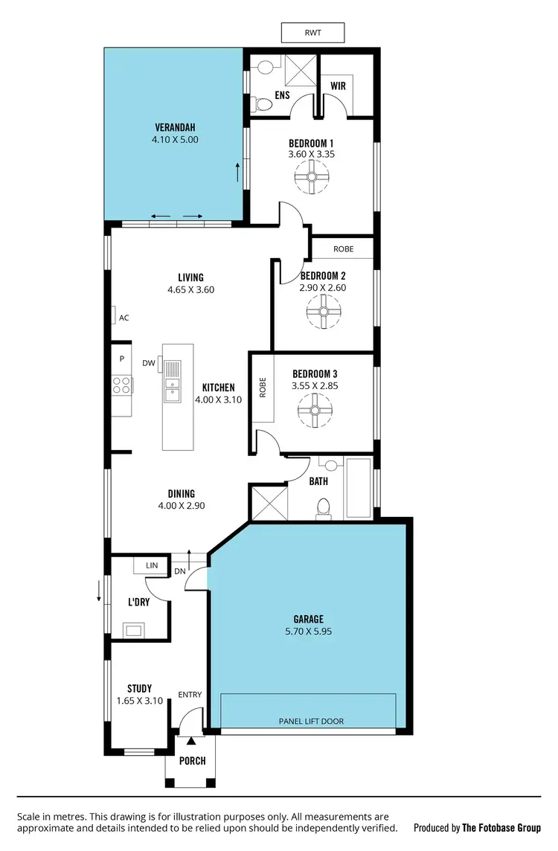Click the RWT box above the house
pyautogui.click(x=312, y=33)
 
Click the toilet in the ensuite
pyautogui.click(x=260, y=105)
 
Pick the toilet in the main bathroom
pyautogui.click(x=323, y=508)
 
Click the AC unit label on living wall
pyautogui.click(x=124, y=318)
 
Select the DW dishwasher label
pyautogui.click(x=148, y=363)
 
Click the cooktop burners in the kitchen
pyautogui.click(x=121, y=385)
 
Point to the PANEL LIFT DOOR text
pyautogui.click(x=310, y=721)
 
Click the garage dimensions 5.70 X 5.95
pyautogui.click(x=308, y=632)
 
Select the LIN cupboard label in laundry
pyautogui.click(x=152, y=565)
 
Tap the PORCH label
pyautogui.click(x=192, y=761)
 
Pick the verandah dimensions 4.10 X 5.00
pyautogui.click(x=174, y=139)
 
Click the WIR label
pyautogui.click(x=339, y=86)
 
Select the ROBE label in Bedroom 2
pyautogui.click(x=343, y=248)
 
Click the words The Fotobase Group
pyautogui.click(x=501, y=827)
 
